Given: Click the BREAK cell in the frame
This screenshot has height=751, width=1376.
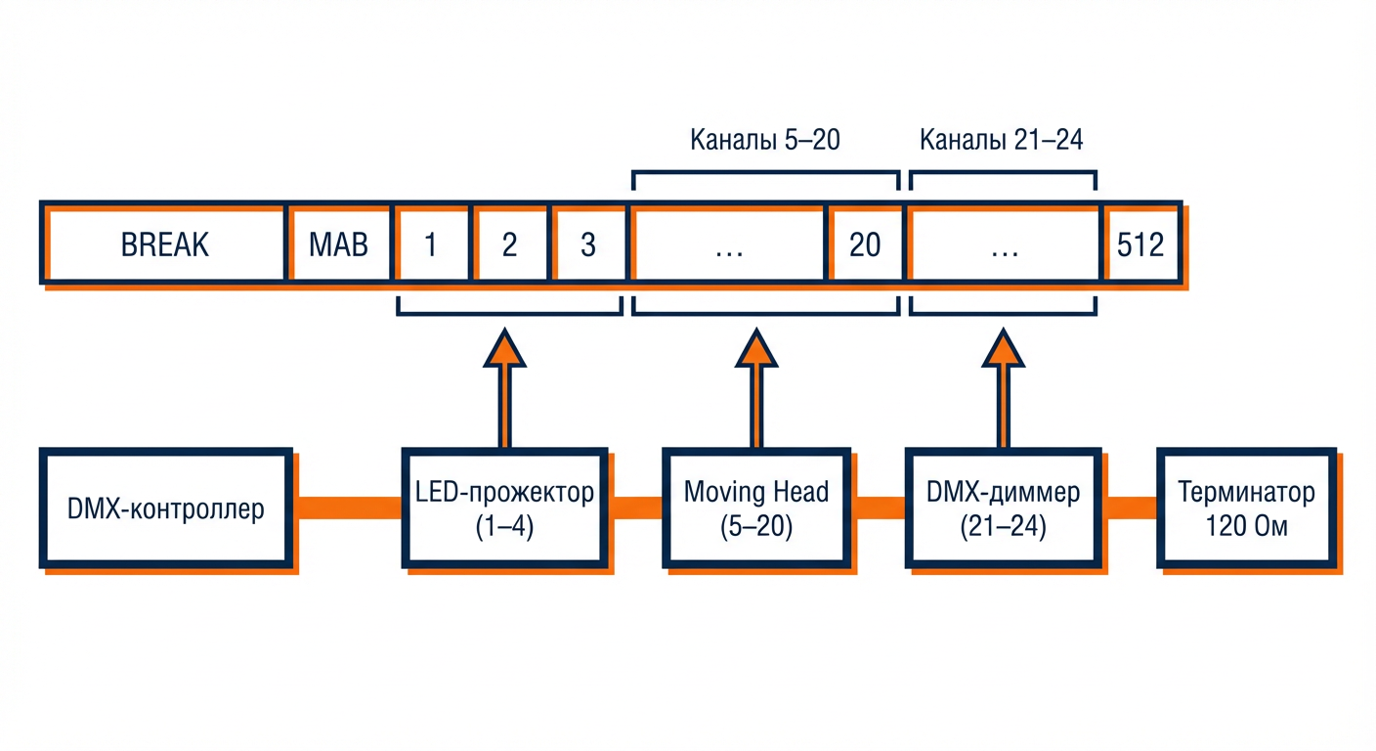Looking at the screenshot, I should click(164, 243).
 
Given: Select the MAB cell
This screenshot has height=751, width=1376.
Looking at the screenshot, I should click(338, 243).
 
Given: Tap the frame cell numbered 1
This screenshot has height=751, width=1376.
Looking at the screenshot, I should click(430, 243).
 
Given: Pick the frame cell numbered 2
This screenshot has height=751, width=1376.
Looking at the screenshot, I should click(509, 243).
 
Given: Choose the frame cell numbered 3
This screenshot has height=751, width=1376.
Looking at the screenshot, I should click(587, 243).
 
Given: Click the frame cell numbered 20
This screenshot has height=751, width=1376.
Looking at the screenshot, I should click(864, 243).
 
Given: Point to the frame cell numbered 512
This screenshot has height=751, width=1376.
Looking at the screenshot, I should click(1140, 243).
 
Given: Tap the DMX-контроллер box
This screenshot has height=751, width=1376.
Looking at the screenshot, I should click(166, 508).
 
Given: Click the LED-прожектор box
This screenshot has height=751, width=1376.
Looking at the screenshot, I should click(504, 508).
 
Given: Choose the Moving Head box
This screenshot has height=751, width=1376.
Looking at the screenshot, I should click(756, 508).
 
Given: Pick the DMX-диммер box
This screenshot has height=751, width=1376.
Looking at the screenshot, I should click(1003, 508).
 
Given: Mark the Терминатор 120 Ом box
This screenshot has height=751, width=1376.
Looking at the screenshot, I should click(1245, 508).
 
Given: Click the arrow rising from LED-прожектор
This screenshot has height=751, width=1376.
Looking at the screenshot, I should click(504, 387).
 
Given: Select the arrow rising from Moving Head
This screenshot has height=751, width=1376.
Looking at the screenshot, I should click(754, 387).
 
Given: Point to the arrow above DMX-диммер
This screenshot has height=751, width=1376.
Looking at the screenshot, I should click(1003, 387).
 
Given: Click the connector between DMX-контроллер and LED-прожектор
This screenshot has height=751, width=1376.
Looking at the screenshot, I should click(348, 508).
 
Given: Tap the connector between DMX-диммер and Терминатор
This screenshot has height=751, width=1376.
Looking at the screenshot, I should click(1131, 508).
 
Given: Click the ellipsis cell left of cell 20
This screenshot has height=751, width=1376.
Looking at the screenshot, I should click(729, 243).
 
